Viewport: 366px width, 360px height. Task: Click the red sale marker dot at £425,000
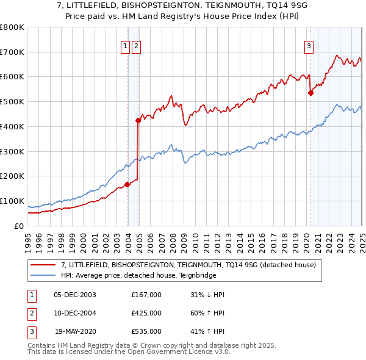point(138,120)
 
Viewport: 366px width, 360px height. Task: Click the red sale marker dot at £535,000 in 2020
point(310,93)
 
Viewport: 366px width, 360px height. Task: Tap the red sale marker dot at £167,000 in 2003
point(127,184)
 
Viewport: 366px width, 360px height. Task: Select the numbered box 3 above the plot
point(309,45)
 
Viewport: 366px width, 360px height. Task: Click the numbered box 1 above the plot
point(125,45)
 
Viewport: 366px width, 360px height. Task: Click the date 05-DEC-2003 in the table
point(75,295)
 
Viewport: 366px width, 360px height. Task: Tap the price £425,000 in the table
point(146,313)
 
